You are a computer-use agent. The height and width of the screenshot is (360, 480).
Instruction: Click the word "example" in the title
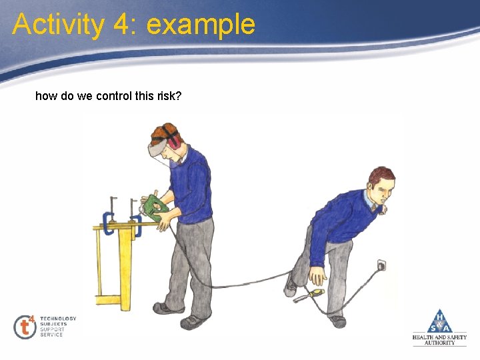click(x=201, y=25)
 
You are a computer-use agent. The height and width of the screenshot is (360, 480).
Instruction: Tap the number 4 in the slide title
click(x=122, y=25)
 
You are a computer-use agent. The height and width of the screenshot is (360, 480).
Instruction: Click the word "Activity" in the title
click(x=58, y=25)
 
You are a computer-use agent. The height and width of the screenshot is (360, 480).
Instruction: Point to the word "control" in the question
click(x=114, y=96)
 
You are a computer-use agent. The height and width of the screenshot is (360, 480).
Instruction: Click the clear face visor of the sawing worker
click(x=159, y=150)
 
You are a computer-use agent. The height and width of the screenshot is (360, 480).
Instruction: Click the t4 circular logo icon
click(x=26, y=326)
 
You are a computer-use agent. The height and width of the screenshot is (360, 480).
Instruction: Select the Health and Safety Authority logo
click(x=439, y=327)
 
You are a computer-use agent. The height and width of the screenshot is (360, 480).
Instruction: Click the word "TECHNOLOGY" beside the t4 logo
click(x=58, y=319)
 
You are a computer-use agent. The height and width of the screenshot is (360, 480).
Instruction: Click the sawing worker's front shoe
click(x=191, y=322)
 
